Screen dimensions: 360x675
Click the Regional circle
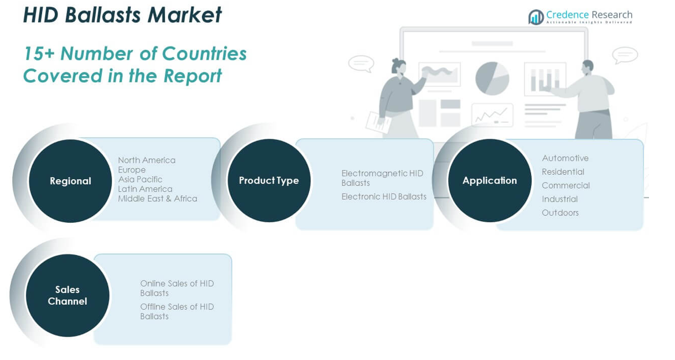click(70, 181)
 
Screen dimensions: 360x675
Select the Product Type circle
click(269, 181)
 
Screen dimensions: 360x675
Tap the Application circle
click(490, 181)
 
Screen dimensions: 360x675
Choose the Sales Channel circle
click(67, 295)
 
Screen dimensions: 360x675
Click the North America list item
click(147, 160)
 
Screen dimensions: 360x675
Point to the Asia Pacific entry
click(140, 179)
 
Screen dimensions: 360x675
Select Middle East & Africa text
click(157, 199)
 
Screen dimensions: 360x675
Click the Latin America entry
click(145, 189)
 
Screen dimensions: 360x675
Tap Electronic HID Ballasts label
click(384, 197)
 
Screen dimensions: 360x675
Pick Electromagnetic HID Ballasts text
click(382, 178)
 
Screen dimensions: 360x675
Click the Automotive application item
click(565, 158)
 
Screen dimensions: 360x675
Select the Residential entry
click(563, 172)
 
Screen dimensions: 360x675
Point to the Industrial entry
click(559, 199)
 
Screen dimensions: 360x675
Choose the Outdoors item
click(560, 213)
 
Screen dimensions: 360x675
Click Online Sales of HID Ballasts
click(176, 288)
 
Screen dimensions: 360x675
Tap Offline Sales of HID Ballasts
click(176, 311)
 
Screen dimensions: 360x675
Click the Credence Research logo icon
click(536, 17)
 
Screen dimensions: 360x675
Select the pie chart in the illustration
click(492, 78)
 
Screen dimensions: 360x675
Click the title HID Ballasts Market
click(122, 15)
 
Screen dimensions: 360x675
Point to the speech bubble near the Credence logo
click(625, 55)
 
